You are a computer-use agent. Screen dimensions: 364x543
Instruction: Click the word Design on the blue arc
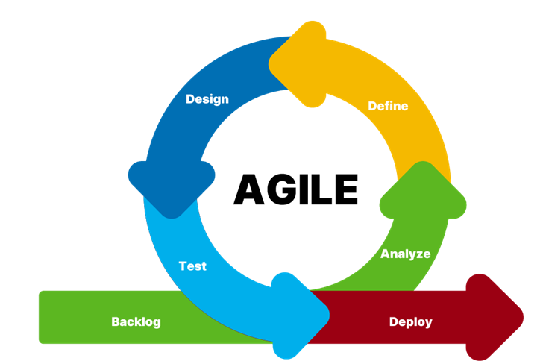coord(207,99)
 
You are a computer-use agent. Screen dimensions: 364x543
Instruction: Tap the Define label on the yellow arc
coord(388,106)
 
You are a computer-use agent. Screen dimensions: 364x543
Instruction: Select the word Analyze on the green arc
coord(405,254)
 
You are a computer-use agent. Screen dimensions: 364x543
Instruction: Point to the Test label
coord(192,266)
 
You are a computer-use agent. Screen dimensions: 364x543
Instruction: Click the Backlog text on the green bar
coord(136,322)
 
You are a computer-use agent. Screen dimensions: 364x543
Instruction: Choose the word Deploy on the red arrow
coord(410,322)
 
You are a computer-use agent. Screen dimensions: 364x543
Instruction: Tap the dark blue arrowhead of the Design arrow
coord(172,186)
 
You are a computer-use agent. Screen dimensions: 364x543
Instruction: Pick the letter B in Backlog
coord(116,322)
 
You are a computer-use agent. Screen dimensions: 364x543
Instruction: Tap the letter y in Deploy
coord(427,324)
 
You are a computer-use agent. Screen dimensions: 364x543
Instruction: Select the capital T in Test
coord(183,266)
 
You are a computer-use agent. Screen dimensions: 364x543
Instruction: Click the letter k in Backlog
coord(138,322)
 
